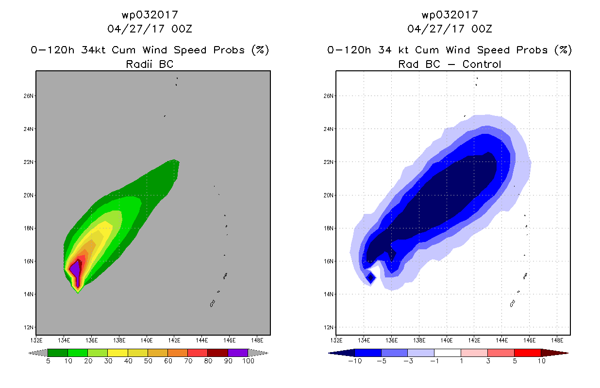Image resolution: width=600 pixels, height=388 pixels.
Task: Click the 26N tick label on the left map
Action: pyautogui.click(x=29, y=96)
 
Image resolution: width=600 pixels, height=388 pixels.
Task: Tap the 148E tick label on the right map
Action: pyautogui.click(x=557, y=340)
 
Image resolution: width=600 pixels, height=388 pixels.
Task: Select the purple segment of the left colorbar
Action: pyautogui.click(x=238, y=353)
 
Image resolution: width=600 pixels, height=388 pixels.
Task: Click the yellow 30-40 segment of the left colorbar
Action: pyautogui.click(x=118, y=353)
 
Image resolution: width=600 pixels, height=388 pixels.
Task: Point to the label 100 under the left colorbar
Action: pyautogui.click(x=248, y=361)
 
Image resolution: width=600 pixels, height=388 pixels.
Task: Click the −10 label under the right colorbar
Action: pyautogui.click(x=355, y=361)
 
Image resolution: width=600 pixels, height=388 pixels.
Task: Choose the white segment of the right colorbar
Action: pyautogui.click(x=448, y=353)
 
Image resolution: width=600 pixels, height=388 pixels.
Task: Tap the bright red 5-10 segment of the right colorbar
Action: pyautogui.click(x=528, y=353)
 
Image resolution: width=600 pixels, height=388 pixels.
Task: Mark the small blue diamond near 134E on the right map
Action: pyautogui.click(x=371, y=278)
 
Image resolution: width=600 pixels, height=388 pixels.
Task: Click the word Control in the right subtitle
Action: pyautogui.click(x=482, y=64)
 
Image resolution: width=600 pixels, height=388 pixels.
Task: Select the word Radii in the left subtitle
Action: pyautogui.click(x=139, y=64)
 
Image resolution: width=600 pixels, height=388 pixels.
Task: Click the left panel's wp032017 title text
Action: pyautogui.click(x=150, y=15)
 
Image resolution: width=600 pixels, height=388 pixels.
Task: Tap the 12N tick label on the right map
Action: pyautogui.click(x=329, y=327)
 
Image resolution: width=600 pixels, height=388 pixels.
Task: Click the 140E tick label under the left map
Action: pyautogui.click(x=147, y=340)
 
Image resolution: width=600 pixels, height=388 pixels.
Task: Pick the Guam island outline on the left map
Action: pyautogui.click(x=213, y=304)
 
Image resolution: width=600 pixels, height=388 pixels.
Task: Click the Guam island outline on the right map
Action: pyautogui.click(x=513, y=304)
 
